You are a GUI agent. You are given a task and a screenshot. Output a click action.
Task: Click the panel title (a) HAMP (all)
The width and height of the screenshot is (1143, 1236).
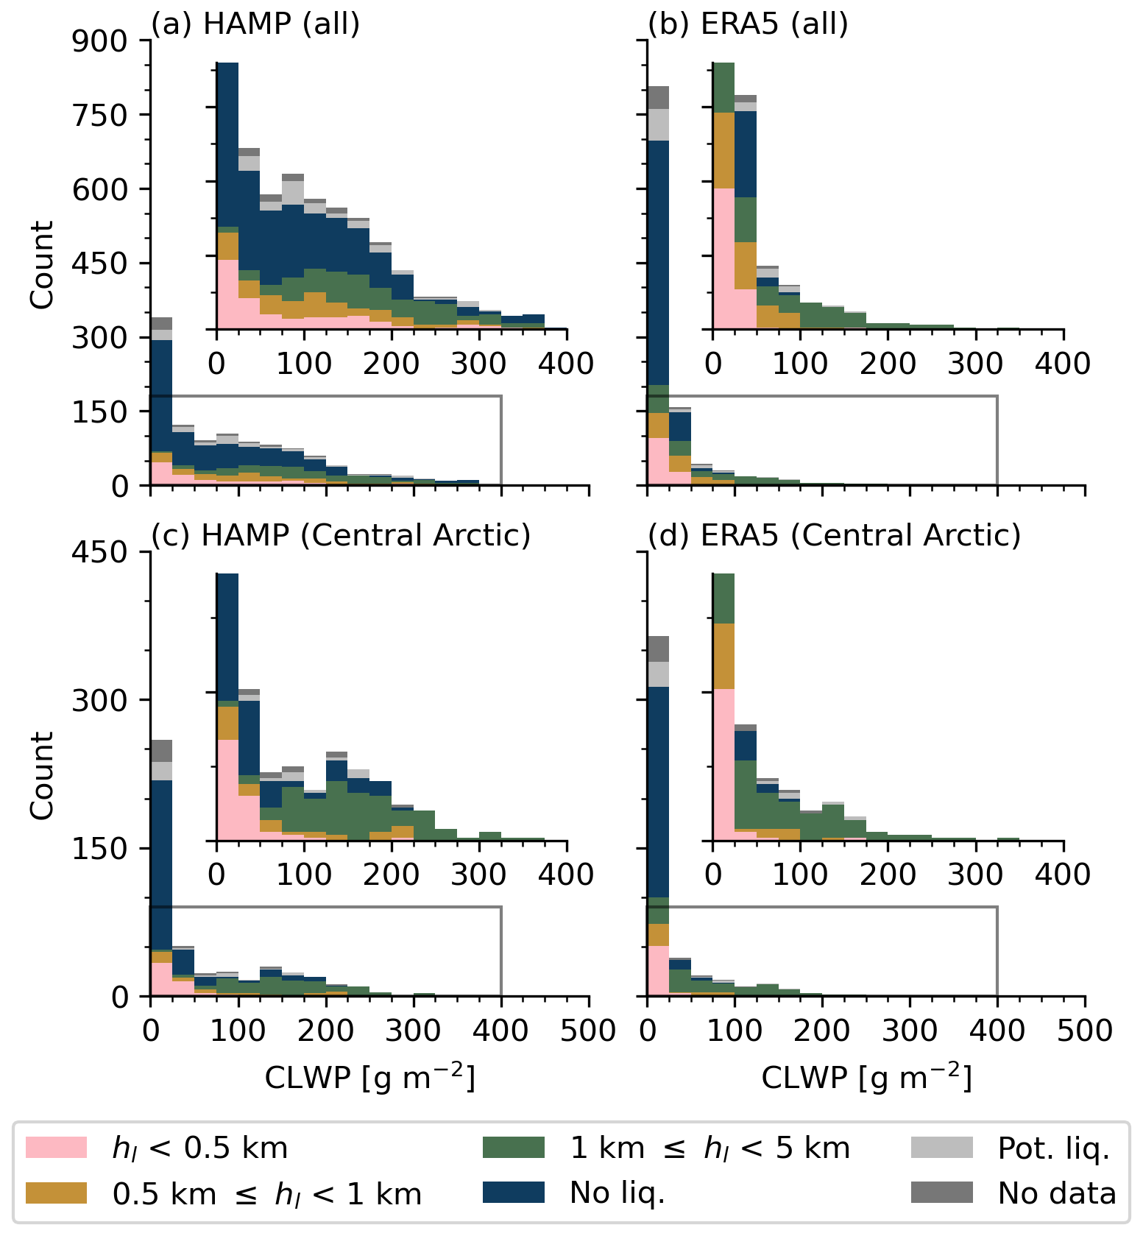pos(255,24)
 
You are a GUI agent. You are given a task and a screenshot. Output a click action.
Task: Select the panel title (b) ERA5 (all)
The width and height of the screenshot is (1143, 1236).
pos(748,24)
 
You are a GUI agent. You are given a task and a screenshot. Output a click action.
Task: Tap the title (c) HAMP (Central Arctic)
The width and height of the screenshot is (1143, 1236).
pos(341,535)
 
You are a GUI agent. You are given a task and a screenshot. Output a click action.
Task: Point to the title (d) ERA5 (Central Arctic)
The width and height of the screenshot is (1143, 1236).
pos(834,535)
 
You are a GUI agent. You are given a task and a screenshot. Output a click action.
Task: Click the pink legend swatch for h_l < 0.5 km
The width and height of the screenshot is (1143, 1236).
pos(56,1148)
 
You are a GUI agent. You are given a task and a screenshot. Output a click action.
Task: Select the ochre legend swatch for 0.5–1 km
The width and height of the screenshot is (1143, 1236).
pos(56,1193)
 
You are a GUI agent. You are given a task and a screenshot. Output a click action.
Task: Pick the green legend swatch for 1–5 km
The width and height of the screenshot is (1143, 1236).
pos(514,1148)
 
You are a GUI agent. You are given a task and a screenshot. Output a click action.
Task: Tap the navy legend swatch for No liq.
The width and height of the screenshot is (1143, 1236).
pos(514,1193)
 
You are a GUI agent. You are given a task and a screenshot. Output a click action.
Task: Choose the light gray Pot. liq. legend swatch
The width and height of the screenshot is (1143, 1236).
pos(941,1148)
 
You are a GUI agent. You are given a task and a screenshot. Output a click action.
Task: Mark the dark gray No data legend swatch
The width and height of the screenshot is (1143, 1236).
pos(941,1193)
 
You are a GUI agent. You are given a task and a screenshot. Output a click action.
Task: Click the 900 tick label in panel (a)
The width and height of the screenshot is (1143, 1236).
pos(100,41)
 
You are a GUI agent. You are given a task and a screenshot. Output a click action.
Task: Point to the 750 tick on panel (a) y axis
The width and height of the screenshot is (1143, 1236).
pos(100,116)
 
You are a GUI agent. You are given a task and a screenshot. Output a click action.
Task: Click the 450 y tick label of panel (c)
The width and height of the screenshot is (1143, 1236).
pos(100,552)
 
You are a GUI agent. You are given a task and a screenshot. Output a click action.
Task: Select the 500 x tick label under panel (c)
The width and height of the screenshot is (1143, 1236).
pos(588,1031)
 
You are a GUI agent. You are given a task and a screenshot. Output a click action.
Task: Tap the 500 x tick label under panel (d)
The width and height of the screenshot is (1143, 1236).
pos(1085,1031)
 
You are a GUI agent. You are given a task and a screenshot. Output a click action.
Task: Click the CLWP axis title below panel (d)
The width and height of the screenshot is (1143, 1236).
pos(866,1078)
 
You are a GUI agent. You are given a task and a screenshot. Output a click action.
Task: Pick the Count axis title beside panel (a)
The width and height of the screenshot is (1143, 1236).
pos(43,264)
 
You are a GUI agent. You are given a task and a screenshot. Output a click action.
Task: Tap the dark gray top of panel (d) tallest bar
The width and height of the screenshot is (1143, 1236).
pos(658,649)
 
